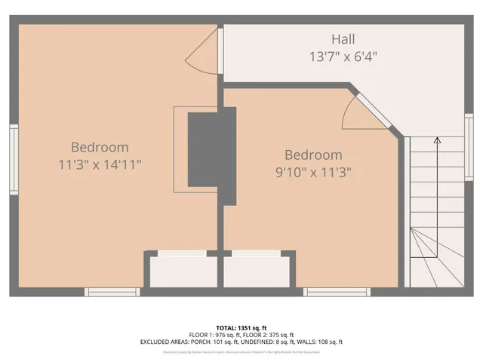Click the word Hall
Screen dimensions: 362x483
point(343,38)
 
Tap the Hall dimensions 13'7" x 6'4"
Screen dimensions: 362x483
point(343,56)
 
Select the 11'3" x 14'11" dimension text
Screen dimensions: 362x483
point(100,164)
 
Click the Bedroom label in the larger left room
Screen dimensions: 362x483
point(100,147)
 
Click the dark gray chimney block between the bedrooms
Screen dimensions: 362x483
point(211,149)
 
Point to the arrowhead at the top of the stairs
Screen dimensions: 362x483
point(436,140)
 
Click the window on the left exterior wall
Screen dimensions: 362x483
point(14,159)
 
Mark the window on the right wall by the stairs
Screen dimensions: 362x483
point(469,142)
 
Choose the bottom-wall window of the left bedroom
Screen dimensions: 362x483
point(112,291)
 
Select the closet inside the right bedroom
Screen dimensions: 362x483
point(256,270)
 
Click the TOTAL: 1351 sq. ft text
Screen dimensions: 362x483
point(241,327)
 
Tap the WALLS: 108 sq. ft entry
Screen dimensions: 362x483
point(317,342)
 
